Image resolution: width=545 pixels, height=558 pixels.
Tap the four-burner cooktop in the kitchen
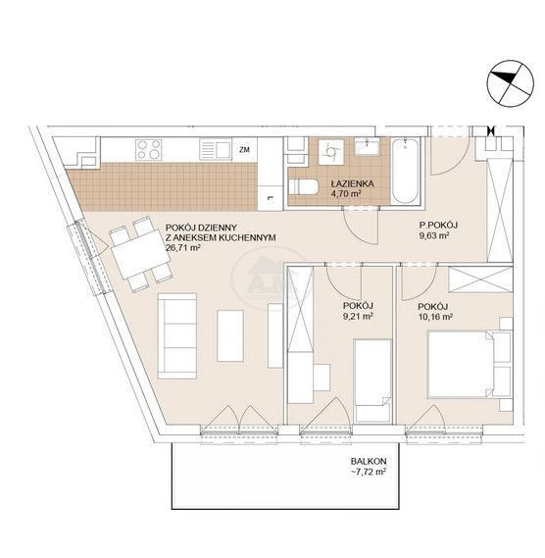pyautogui.click(x=149, y=149)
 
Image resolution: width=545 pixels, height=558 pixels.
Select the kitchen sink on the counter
pyautogui.click(x=215, y=149)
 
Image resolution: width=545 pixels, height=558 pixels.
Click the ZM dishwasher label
pyautogui.click(x=244, y=150)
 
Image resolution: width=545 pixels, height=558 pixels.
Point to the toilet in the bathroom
pyautogui.click(x=302, y=187)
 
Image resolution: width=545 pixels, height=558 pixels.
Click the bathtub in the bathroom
pyautogui.click(x=405, y=172)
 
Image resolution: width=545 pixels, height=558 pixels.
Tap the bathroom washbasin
pyautogui.click(x=367, y=147)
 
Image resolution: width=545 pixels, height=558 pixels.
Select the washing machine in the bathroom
pyautogui.click(x=331, y=152)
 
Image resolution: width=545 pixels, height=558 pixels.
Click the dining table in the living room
pyautogui.click(x=141, y=254)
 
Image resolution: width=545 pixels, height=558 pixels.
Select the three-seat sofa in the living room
pyautogui.click(x=177, y=336)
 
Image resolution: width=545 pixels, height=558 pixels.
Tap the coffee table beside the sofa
pyautogui.click(x=230, y=336)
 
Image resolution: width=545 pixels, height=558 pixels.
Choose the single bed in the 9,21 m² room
pyautogui.click(x=372, y=380)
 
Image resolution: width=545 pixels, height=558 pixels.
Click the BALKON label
pyautogui.click(x=369, y=461)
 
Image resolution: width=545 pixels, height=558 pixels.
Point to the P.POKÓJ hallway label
pyautogui.click(x=438, y=225)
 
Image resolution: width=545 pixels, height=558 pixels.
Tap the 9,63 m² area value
pyautogui.click(x=433, y=235)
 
